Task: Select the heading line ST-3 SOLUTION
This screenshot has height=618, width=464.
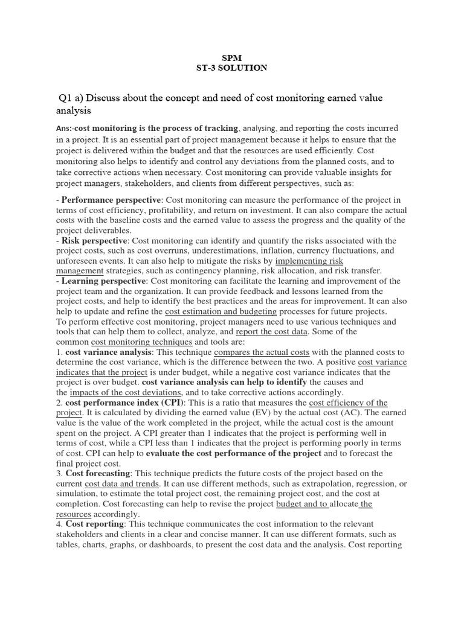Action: (x=231, y=68)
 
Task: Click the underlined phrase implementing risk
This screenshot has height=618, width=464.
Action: (x=309, y=261)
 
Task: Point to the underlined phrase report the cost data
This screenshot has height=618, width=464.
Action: (x=272, y=332)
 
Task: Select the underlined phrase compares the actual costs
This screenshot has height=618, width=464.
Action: (x=262, y=352)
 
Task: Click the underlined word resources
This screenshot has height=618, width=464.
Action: (x=73, y=514)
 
